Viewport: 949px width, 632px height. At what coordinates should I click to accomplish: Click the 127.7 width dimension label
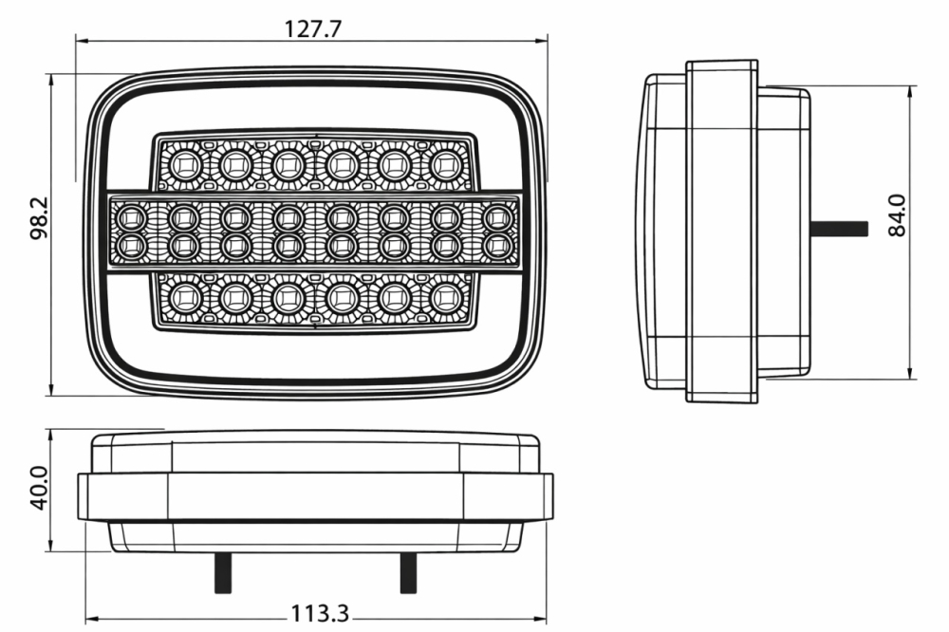[x=313, y=28]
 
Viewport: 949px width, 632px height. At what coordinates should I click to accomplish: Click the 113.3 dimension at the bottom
[x=319, y=614]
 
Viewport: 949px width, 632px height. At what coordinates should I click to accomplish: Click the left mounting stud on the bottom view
[x=222, y=571]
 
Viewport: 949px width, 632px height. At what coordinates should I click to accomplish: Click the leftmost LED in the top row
[x=180, y=164]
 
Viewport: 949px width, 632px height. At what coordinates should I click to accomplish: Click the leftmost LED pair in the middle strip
[x=129, y=232]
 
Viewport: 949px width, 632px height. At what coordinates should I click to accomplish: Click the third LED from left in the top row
[x=286, y=164]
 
